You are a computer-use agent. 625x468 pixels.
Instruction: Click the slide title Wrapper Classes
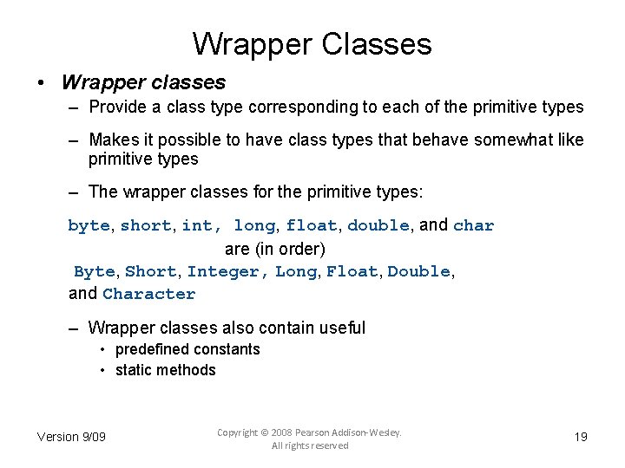(312, 43)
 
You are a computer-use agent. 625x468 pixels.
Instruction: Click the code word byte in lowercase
(89, 226)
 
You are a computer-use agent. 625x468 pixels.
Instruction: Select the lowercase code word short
(146, 226)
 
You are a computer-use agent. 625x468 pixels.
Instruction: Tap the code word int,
(200, 226)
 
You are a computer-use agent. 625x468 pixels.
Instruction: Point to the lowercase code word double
(378, 226)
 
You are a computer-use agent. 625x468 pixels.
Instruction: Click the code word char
(474, 226)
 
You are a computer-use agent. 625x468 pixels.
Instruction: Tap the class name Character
(149, 294)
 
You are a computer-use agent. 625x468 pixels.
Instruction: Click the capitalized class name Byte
(94, 272)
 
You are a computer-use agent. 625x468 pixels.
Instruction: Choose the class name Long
(296, 272)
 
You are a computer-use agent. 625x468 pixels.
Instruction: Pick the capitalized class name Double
(418, 272)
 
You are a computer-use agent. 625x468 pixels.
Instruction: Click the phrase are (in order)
(275, 250)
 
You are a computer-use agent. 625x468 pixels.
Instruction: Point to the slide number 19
(581, 437)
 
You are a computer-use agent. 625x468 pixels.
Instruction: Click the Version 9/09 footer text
(71, 437)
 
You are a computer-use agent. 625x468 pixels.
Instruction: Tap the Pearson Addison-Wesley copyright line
(309, 432)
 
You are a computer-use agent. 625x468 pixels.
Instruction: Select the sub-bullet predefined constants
(187, 349)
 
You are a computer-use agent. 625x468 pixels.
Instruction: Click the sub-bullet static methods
(165, 370)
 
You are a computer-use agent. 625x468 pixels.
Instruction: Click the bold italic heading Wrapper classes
(143, 83)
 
